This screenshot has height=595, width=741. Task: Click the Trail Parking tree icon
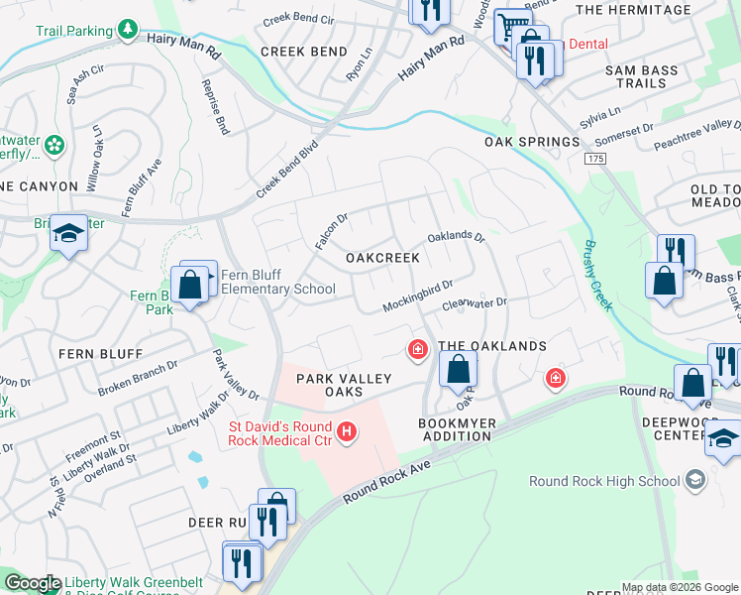[x=128, y=30]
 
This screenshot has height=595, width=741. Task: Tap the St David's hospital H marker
[x=346, y=431]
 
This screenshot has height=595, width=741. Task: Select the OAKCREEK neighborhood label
[x=382, y=258]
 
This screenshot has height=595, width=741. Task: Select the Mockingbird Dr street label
[x=418, y=297]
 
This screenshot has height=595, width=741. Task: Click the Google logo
[x=33, y=583]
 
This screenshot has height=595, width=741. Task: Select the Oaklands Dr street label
[x=456, y=238]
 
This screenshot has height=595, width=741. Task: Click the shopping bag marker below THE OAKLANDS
[x=458, y=370]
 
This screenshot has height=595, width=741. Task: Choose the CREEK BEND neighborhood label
[x=304, y=52]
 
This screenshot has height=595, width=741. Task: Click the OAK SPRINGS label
[x=531, y=142]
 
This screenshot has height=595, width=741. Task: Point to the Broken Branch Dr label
[x=137, y=376]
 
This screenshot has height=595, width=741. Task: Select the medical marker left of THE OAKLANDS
[x=418, y=348]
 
